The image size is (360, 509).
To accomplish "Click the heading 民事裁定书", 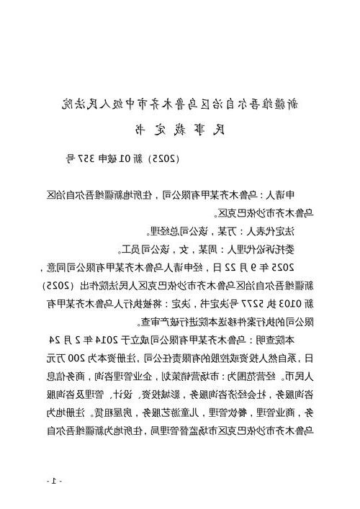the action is pyautogui.click(x=180, y=131).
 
